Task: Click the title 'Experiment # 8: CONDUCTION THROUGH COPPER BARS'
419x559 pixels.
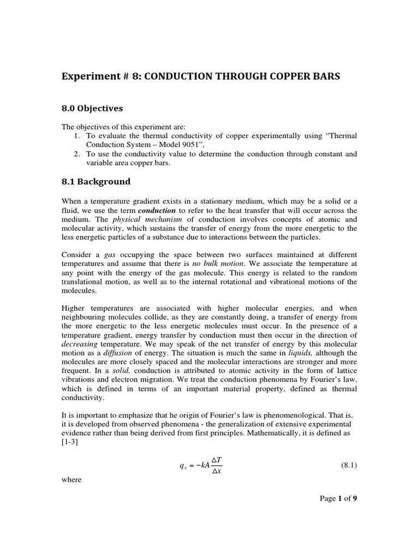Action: (201, 76)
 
